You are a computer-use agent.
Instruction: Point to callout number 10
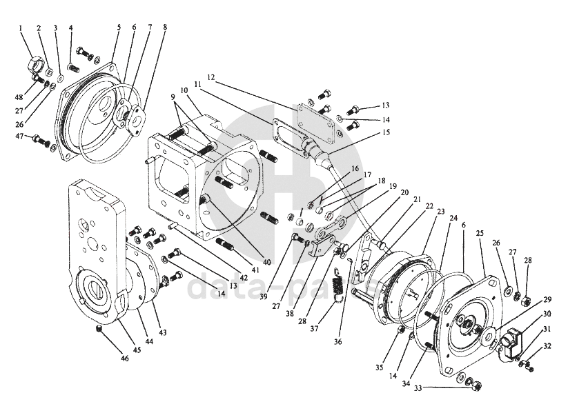184,90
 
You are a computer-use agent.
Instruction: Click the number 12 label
210,77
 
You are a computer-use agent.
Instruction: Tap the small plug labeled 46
99,328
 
